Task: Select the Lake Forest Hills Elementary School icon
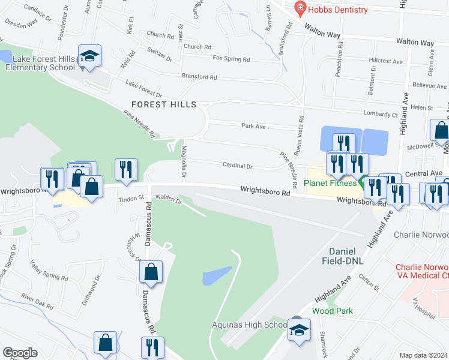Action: (89, 57)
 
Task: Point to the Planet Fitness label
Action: (330, 183)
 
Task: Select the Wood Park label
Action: (332, 311)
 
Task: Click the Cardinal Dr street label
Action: (238, 166)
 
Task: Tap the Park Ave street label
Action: (253, 127)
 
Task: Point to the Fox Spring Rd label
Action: (231, 59)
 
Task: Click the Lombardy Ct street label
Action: (381, 113)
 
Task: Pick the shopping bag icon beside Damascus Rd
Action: (151, 272)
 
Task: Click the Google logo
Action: (20, 353)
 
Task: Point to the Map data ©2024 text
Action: (424, 355)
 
